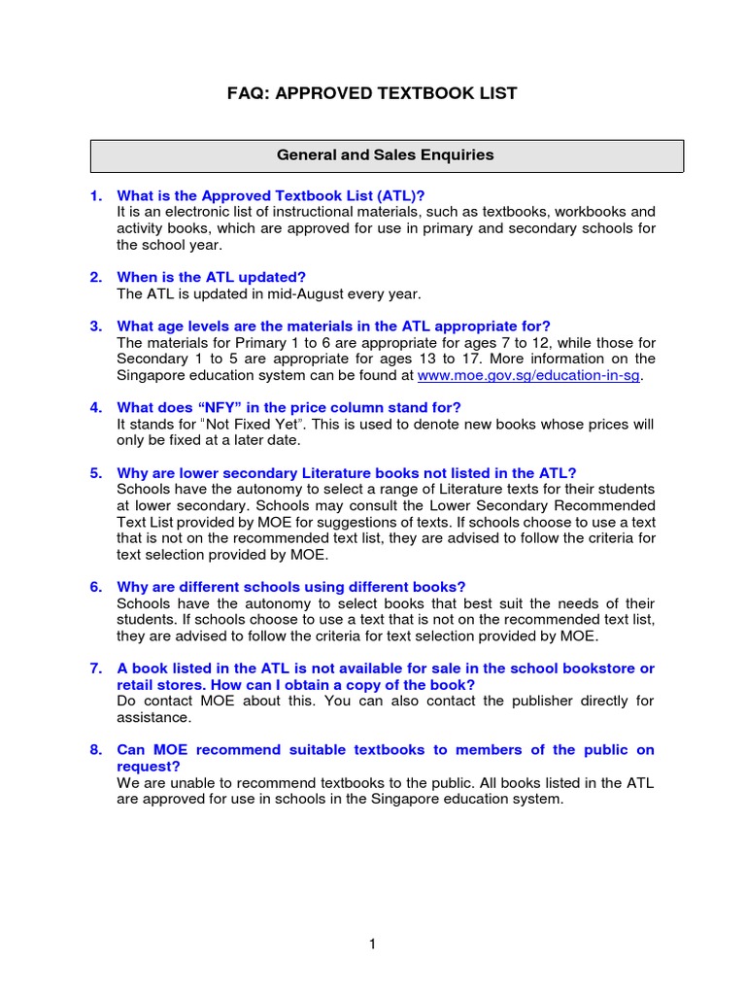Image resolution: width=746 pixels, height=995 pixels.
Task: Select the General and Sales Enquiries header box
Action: click(x=386, y=155)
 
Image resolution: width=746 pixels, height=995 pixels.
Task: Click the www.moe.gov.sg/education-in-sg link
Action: click(x=529, y=376)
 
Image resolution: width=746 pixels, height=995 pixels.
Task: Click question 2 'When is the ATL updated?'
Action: click(x=211, y=277)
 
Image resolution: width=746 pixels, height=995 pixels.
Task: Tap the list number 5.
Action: click(x=96, y=473)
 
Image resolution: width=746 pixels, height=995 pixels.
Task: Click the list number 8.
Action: click(x=96, y=749)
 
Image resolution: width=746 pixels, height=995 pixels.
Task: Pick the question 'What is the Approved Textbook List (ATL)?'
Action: click(x=271, y=195)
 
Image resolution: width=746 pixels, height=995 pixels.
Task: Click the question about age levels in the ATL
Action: click(x=333, y=326)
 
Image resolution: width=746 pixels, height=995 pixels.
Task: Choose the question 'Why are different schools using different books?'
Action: click(x=291, y=587)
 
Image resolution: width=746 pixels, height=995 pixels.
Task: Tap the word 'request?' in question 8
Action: click(x=146, y=766)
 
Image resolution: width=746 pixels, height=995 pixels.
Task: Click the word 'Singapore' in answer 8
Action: click(x=406, y=799)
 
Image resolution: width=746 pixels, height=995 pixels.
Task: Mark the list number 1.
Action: click(x=96, y=195)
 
